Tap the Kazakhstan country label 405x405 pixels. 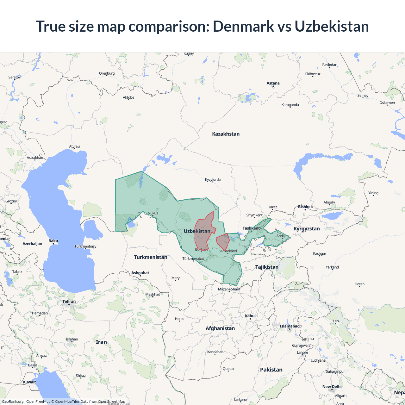coord(226,134)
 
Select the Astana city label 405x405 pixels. coord(273,83)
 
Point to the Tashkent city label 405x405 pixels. coord(251,228)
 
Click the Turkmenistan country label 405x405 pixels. coord(150,257)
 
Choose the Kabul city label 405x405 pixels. coord(250,316)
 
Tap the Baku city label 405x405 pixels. coord(53,241)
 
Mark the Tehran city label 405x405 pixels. coord(69,301)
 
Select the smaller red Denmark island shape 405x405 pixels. coord(223,241)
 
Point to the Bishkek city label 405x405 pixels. coord(305,207)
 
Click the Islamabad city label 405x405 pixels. coord(289,326)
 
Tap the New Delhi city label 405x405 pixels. coord(332,387)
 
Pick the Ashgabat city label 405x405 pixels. coord(140,273)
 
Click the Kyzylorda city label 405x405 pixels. coord(213,179)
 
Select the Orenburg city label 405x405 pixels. coord(107,73)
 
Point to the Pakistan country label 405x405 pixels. coord(271,370)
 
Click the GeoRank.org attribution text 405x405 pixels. coord(13,402)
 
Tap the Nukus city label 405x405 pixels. coord(153,213)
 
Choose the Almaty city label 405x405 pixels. coord(329,202)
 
